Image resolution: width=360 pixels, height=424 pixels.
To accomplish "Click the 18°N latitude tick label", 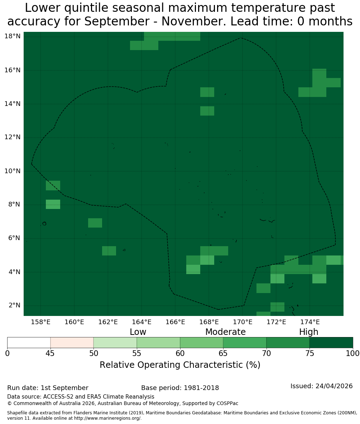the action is pos(13,36).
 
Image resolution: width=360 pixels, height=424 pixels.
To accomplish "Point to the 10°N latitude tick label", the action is pos(13,171).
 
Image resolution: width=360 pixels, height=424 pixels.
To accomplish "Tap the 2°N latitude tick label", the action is pos(15,305).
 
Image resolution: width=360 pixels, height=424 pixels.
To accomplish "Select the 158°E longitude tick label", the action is pos(40,322).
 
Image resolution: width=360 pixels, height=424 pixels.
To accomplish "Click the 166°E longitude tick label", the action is pos(176,322).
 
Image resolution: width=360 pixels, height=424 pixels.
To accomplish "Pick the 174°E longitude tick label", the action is pos(310,322).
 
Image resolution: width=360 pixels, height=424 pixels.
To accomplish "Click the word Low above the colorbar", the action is pos(138,332).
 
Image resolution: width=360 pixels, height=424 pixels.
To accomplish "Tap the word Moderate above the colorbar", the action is pos(225,332).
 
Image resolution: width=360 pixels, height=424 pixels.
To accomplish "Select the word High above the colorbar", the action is pos(308,332).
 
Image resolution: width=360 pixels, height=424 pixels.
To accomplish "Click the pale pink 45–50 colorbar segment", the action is pos(72,343).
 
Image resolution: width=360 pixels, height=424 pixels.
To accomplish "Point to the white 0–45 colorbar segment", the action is pos(29,343).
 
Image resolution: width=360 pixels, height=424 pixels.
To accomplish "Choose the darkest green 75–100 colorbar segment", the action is pos(331,343).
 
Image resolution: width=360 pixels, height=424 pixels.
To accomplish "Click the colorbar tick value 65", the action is pos(223,354).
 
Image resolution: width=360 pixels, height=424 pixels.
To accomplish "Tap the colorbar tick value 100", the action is pos(353,354).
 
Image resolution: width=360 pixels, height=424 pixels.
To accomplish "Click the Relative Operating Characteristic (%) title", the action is pos(180,365).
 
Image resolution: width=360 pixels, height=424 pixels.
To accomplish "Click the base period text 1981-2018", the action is pos(201,388).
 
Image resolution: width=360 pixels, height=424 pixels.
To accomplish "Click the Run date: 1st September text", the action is pos(48,388).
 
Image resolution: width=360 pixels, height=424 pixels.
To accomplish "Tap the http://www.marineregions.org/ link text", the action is pos(108,418).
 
